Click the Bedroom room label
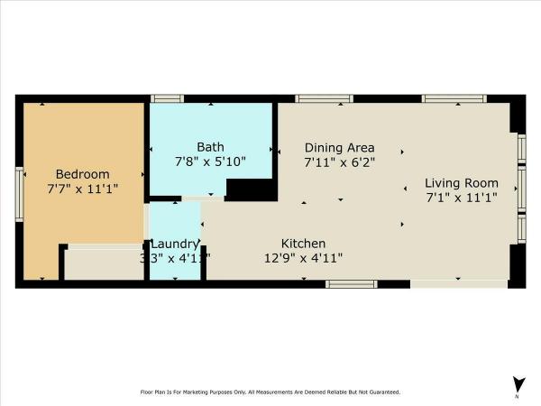click(x=83, y=174)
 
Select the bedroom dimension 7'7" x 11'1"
click(x=83, y=189)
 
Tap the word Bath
click(x=210, y=147)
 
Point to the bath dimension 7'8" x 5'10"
click(x=210, y=161)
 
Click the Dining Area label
click(x=339, y=148)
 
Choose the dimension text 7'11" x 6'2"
click(x=339, y=162)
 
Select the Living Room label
click(x=462, y=183)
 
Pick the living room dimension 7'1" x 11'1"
click(x=462, y=198)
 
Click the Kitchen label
click(x=304, y=244)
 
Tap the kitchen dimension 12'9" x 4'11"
click(x=304, y=258)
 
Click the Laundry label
click(x=174, y=244)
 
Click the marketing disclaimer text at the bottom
click(x=270, y=392)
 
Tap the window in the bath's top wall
click(x=166, y=98)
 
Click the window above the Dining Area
click(x=324, y=98)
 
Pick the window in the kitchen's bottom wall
click(x=351, y=284)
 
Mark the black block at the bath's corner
click(x=251, y=189)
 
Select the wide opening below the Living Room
click(x=459, y=284)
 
